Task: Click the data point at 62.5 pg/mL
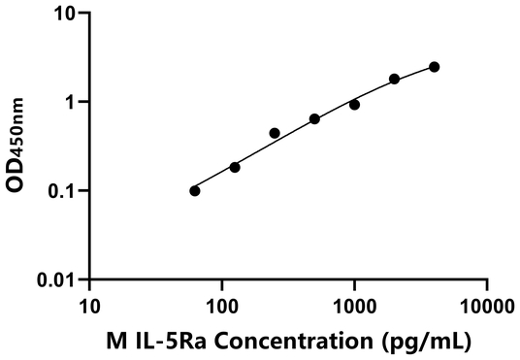click(x=195, y=190)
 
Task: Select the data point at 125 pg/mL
click(x=235, y=167)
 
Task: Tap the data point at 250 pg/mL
click(x=275, y=133)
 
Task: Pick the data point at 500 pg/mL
click(x=314, y=118)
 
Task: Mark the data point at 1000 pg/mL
click(x=354, y=105)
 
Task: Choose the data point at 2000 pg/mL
click(x=394, y=79)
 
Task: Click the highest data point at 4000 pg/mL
click(x=434, y=67)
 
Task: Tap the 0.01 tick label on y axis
click(x=58, y=279)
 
